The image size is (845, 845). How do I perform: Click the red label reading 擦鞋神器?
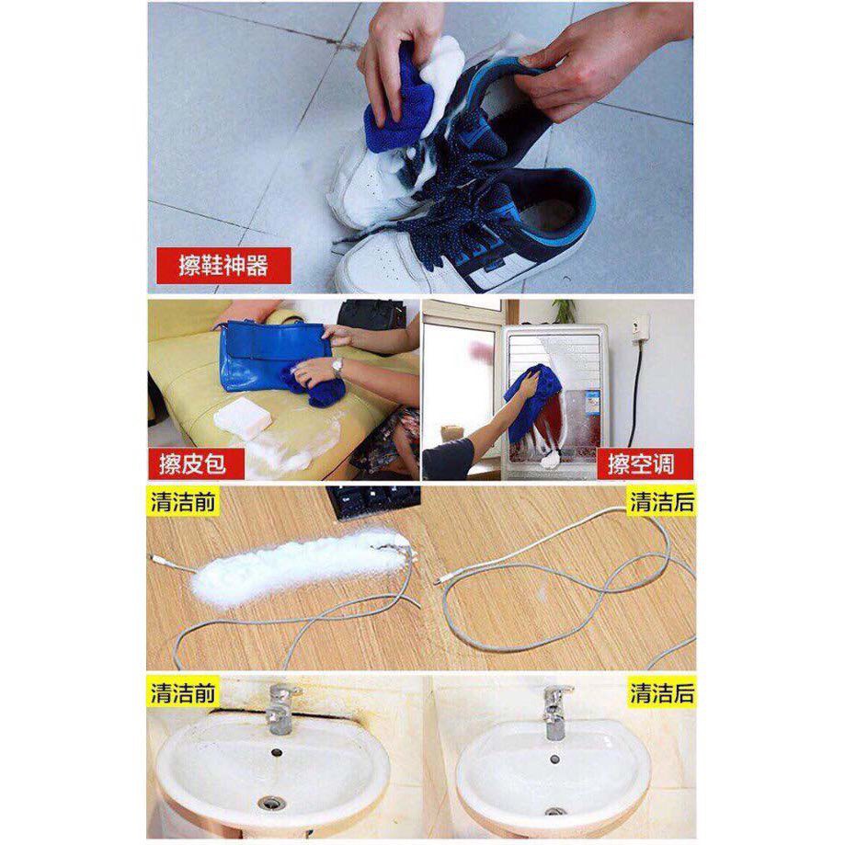(223, 265)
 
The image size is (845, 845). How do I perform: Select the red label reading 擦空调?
(644, 464)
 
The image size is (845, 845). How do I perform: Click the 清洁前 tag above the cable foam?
(183, 501)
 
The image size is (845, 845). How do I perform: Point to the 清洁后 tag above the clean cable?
(662, 501)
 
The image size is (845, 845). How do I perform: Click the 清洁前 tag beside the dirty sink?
(183, 692)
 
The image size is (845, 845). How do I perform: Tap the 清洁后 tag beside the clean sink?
(662, 692)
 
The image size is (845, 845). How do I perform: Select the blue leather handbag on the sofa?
(274, 355)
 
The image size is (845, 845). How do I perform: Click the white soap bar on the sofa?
(243, 418)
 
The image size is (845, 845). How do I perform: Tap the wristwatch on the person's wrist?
(337, 367)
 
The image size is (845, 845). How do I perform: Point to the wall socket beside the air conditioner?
(641, 330)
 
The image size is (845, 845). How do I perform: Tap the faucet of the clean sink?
(555, 713)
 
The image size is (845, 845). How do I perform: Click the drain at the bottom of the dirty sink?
(271, 803)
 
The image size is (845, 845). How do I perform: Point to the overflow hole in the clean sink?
(554, 759)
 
